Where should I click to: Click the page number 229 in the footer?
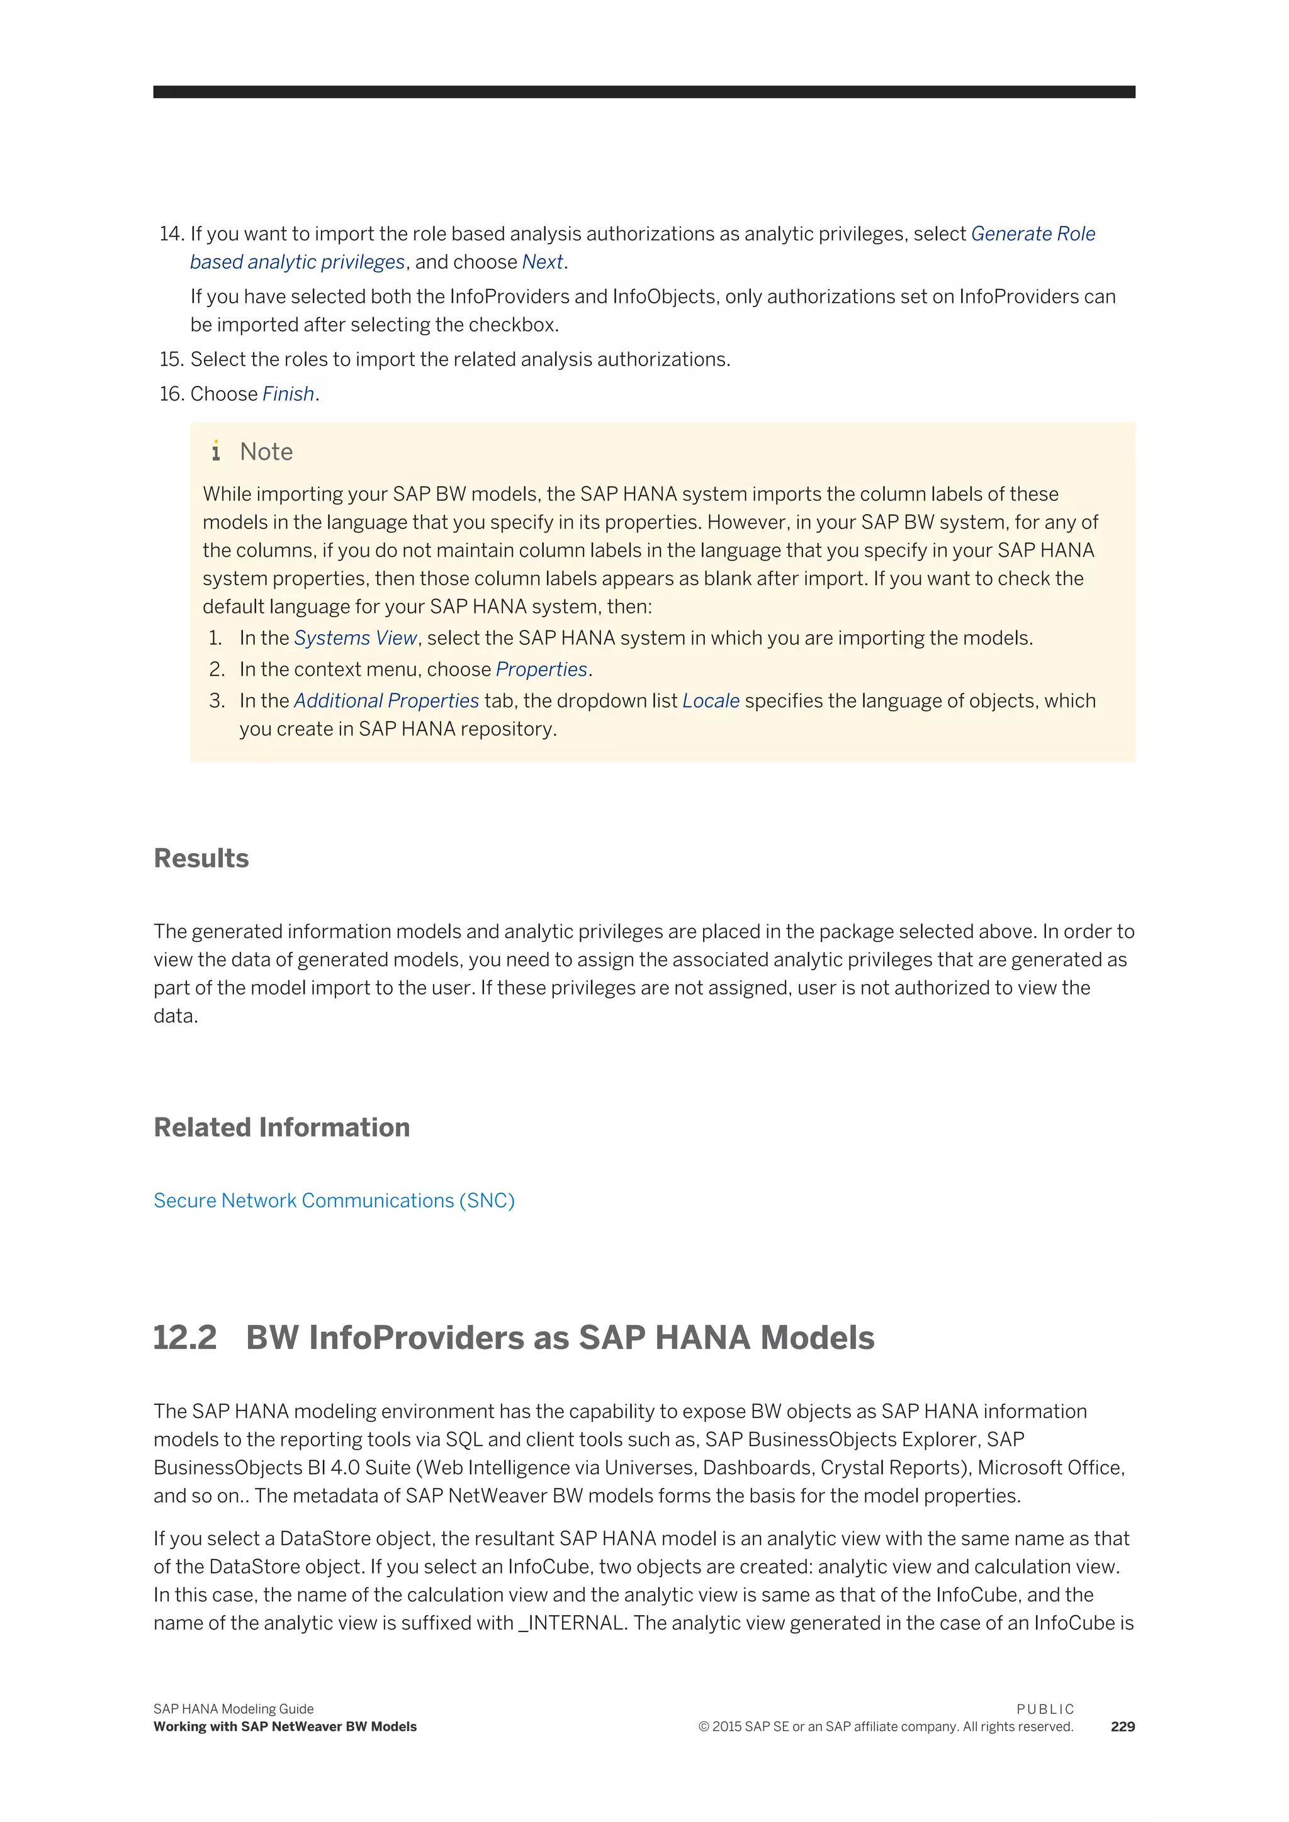click(x=1122, y=1727)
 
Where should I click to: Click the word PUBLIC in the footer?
click(x=1045, y=1709)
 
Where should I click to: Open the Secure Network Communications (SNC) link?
click(x=334, y=1200)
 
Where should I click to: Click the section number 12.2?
click(x=185, y=1338)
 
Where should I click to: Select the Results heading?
click(x=201, y=859)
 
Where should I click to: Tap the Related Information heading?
click(x=282, y=1127)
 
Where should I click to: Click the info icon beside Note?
click(x=216, y=452)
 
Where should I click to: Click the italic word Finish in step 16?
click(x=288, y=394)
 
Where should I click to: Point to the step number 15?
click(x=171, y=359)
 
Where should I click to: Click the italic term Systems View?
click(x=355, y=638)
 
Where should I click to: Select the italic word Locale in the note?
click(x=711, y=701)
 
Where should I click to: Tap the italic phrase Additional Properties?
click(x=386, y=701)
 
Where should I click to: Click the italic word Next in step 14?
click(x=542, y=262)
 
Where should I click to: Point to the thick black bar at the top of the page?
click(x=644, y=92)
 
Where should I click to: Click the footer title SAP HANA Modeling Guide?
click(x=234, y=1709)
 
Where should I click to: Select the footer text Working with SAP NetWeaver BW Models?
click(x=285, y=1727)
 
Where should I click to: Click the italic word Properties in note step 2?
click(x=541, y=670)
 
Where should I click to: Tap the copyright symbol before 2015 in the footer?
click(x=703, y=1728)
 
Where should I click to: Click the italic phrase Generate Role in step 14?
click(x=1033, y=234)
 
